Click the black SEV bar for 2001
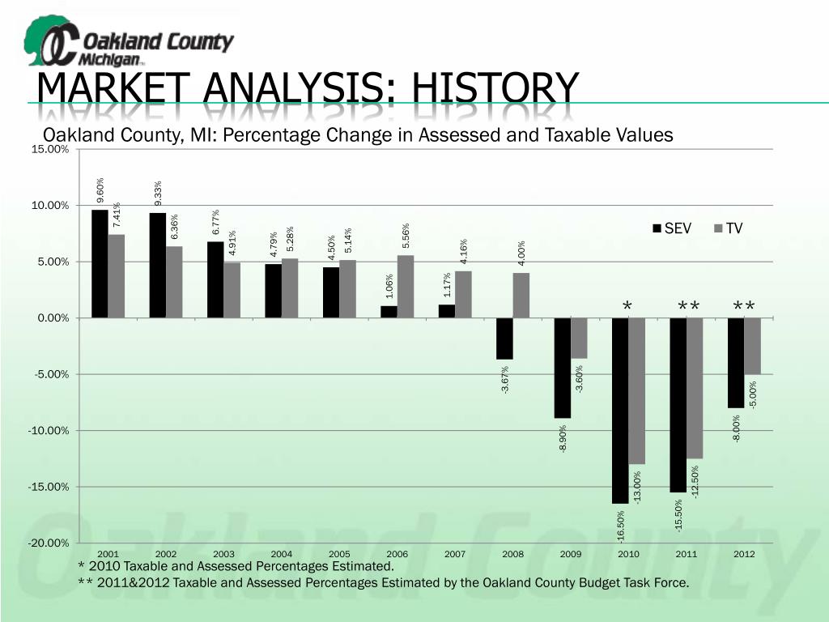tap(100, 263)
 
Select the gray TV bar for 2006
tap(406, 286)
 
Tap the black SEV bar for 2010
tap(620, 410)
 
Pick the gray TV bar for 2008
tap(521, 295)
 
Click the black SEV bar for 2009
tap(563, 368)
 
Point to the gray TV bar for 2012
tap(753, 346)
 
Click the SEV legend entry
tap(672, 228)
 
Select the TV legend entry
tap(728, 228)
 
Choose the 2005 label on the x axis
tap(339, 554)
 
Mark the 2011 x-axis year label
tap(687, 554)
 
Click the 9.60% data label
tap(100, 190)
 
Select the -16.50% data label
tap(621, 526)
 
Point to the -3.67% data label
tap(505, 381)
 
